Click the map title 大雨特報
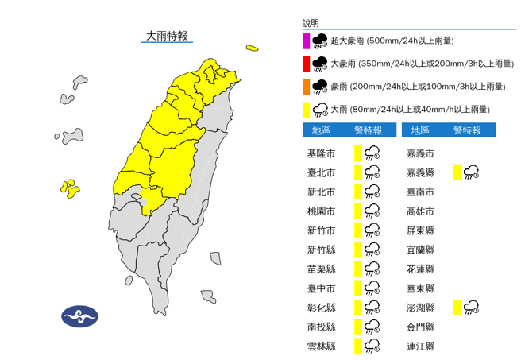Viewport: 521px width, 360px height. [166, 36]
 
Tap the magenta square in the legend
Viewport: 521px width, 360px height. [307, 41]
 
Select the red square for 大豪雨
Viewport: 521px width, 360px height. [307, 64]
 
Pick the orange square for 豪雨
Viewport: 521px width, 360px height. [307, 87]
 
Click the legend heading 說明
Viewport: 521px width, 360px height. [311, 23]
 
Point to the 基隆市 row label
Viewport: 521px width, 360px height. [321, 153]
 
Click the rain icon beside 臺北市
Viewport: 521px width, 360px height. [372, 172]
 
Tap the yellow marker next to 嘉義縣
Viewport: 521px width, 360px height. [457, 172]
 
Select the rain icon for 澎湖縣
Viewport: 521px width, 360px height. [471, 308]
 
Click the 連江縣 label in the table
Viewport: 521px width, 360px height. [419, 346]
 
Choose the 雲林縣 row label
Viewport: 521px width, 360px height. [321, 346]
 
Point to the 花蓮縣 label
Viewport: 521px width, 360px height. [419, 269]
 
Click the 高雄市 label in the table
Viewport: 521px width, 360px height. [419, 211]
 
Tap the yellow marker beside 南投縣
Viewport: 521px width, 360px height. [358, 327]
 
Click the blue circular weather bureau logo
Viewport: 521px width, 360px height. [79, 316]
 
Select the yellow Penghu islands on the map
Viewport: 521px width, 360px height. [70, 188]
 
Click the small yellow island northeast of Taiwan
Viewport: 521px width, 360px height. [252, 48]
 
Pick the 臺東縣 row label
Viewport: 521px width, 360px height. [419, 288]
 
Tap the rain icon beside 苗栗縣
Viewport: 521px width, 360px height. [372, 269]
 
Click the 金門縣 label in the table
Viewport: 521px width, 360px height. [419, 327]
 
